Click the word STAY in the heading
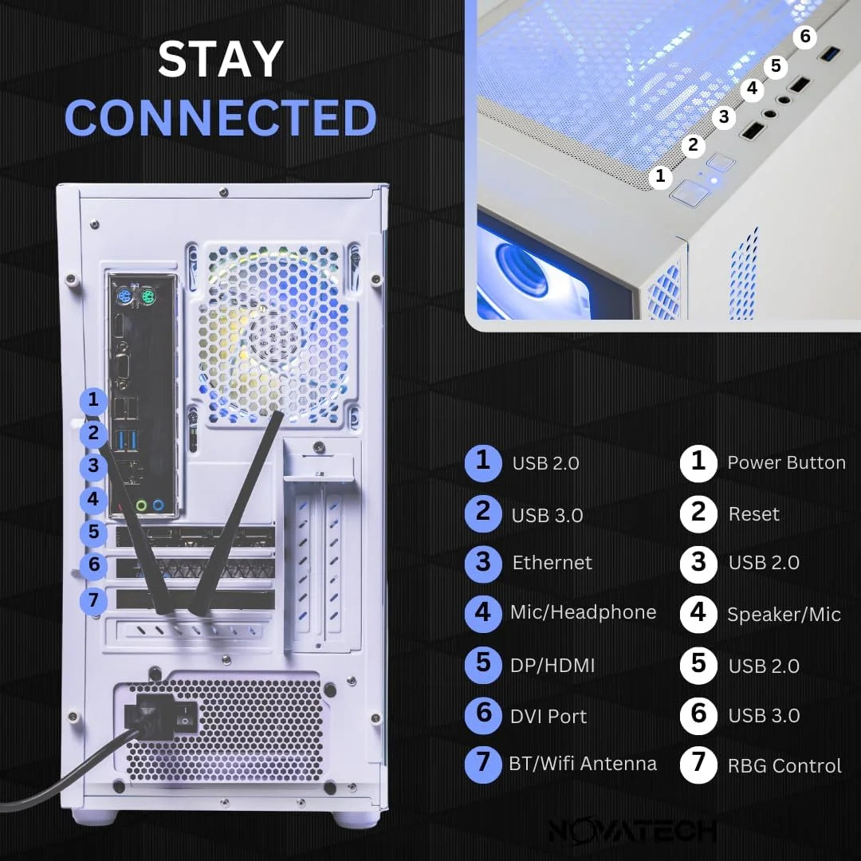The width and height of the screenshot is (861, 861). coord(220,59)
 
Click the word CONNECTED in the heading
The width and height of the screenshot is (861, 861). coord(220,118)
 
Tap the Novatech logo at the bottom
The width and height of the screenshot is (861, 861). coord(632,830)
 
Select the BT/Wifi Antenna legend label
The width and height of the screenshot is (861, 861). coord(582,764)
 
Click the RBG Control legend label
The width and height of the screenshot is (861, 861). coord(784,766)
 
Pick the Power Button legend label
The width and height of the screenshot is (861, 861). coord(785,463)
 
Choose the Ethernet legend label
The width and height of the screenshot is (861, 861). coord(552,563)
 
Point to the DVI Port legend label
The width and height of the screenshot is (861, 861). coord(548,717)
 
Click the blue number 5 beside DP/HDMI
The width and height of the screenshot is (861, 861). coord(483,664)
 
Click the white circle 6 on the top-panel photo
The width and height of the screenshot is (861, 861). coord(805,37)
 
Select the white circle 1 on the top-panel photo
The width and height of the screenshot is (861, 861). coord(659,177)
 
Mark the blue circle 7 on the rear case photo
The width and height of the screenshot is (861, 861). coord(94,600)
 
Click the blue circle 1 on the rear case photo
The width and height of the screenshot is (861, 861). coord(94,399)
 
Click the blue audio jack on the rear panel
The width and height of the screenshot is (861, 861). coord(159,505)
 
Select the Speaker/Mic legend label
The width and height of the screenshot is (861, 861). coord(783,615)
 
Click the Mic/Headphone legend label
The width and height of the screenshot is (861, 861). coord(582,612)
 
